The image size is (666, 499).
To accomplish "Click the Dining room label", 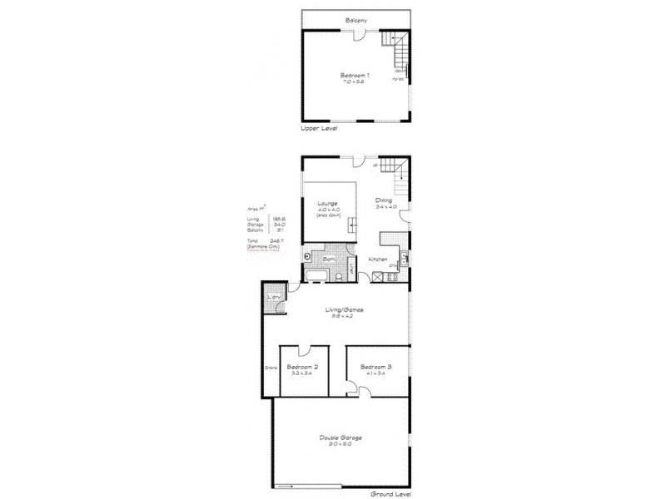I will coord(383,200).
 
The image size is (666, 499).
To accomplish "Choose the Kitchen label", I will coord(377,259).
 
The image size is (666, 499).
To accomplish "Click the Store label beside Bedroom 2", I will coord(270,367).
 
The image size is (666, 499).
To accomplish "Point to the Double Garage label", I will coord(340,437).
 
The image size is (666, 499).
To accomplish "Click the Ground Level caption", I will coord(391,493).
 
